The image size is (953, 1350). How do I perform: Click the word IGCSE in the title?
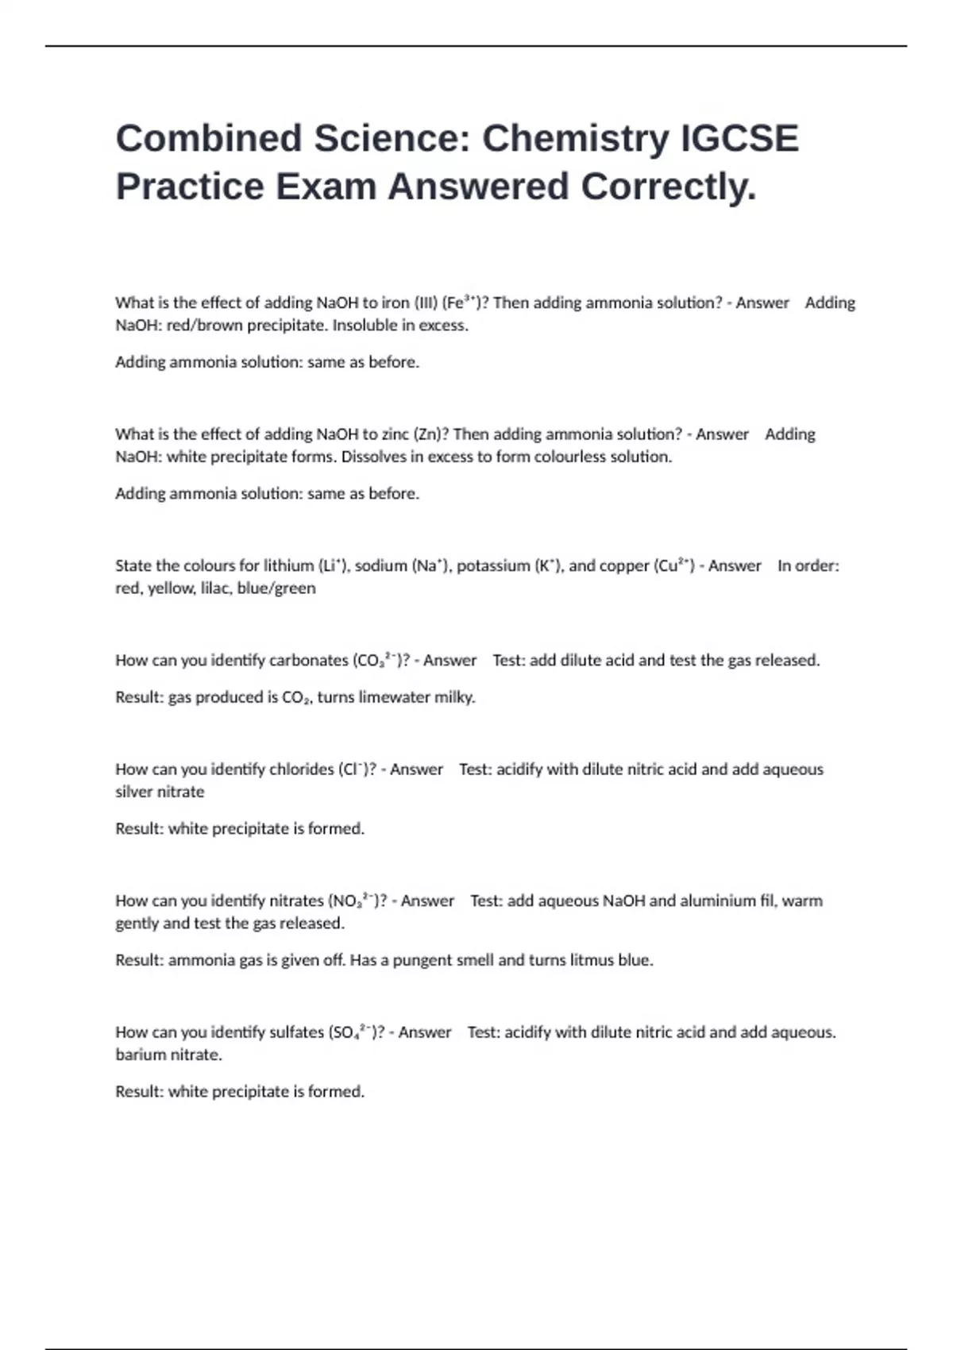click(x=739, y=138)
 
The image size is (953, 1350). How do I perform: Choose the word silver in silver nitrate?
click(x=136, y=791)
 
